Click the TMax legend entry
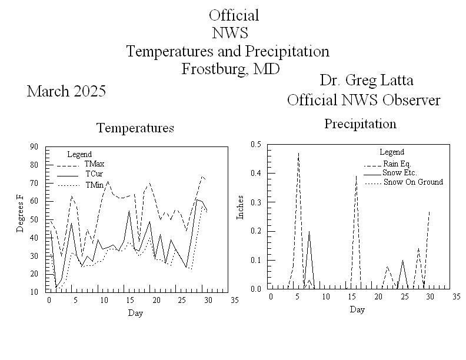click(94, 164)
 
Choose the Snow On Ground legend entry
click(412, 182)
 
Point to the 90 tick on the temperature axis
click(34, 146)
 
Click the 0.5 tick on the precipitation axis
click(255, 144)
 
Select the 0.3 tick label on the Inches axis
click(255, 202)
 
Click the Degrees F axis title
click(21, 219)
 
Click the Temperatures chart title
click(135, 128)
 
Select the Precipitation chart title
click(360, 124)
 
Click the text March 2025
click(66, 91)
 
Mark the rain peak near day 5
click(298, 153)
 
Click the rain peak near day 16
click(356, 175)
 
